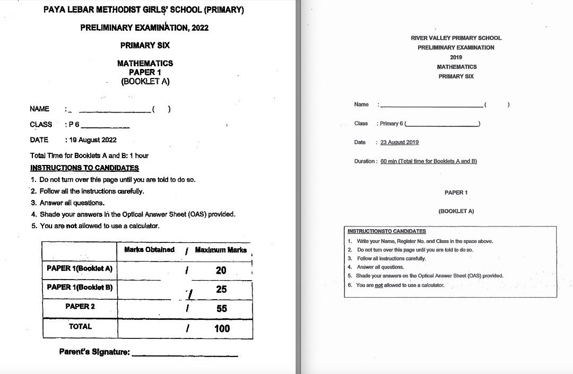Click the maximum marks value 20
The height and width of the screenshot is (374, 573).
click(221, 270)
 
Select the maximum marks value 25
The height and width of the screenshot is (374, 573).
click(221, 290)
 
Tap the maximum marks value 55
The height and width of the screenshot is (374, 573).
click(221, 308)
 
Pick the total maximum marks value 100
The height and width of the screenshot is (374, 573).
click(222, 328)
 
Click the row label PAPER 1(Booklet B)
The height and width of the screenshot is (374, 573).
click(80, 287)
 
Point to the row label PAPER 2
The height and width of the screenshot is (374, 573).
click(80, 306)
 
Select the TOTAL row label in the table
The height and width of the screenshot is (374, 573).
click(80, 326)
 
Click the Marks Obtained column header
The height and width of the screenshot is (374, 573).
click(149, 250)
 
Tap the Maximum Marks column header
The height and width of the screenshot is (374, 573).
click(221, 250)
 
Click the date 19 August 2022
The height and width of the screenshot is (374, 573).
click(91, 140)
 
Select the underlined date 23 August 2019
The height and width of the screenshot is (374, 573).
click(400, 142)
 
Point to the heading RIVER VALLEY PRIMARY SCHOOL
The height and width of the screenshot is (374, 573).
click(456, 38)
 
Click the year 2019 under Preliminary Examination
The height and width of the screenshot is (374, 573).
click(456, 57)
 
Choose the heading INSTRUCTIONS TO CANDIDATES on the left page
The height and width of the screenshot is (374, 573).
click(84, 168)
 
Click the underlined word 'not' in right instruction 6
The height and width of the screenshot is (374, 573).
click(379, 285)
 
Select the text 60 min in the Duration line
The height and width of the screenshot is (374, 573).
click(388, 161)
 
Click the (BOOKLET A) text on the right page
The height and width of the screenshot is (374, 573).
click(456, 211)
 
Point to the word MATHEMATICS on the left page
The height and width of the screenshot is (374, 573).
click(145, 63)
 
